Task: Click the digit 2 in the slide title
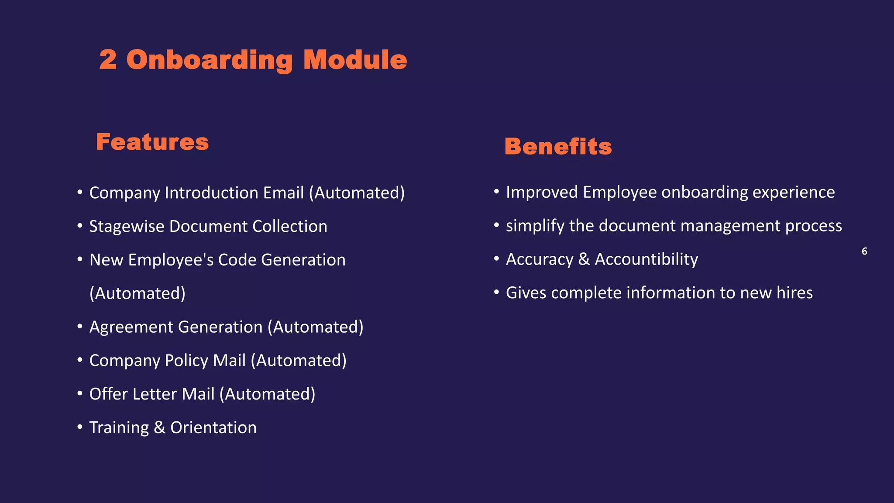click(108, 59)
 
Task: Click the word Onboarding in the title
click(209, 60)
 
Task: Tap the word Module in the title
click(355, 59)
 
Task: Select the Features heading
click(152, 142)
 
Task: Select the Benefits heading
click(558, 146)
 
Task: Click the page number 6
click(864, 251)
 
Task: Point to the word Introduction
click(234, 193)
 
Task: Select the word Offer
click(108, 394)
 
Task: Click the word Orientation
click(213, 427)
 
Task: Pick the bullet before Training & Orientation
click(80, 426)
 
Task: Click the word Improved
click(542, 192)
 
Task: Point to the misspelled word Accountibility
click(646, 259)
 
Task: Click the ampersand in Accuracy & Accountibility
click(584, 259)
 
